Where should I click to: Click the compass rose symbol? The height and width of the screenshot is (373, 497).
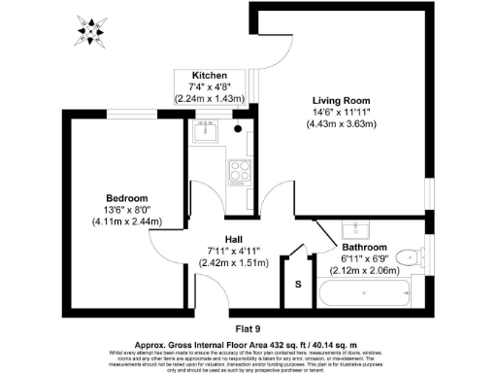[x=91, y=32]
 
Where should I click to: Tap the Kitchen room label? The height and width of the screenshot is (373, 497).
[x=210, y=76]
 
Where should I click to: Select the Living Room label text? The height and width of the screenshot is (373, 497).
[x=341, y=100]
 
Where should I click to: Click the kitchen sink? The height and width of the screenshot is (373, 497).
[x=206, y=134]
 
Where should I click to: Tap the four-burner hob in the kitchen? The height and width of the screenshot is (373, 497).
[x=237, y=173]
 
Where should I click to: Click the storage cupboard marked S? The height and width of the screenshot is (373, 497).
[x=299, y=284]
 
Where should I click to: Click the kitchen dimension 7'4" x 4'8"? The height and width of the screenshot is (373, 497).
[x=210, y=87]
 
